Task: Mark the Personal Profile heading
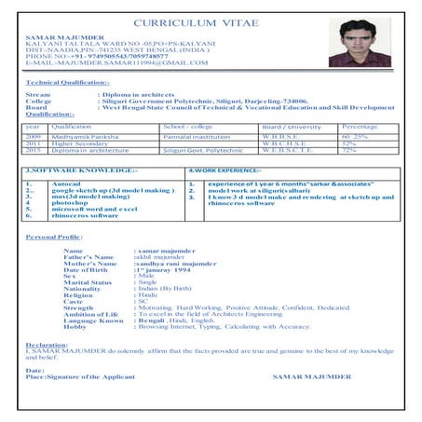[54, 238]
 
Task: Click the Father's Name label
[87, 256]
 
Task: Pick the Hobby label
[74, 326]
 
